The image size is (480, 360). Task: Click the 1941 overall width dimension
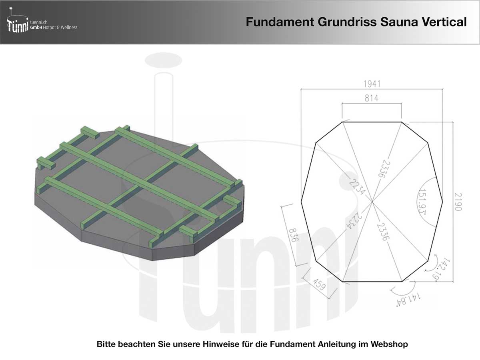point(372,84)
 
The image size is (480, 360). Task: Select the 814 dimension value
point(371,98)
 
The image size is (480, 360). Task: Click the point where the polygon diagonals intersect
point(372,202)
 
